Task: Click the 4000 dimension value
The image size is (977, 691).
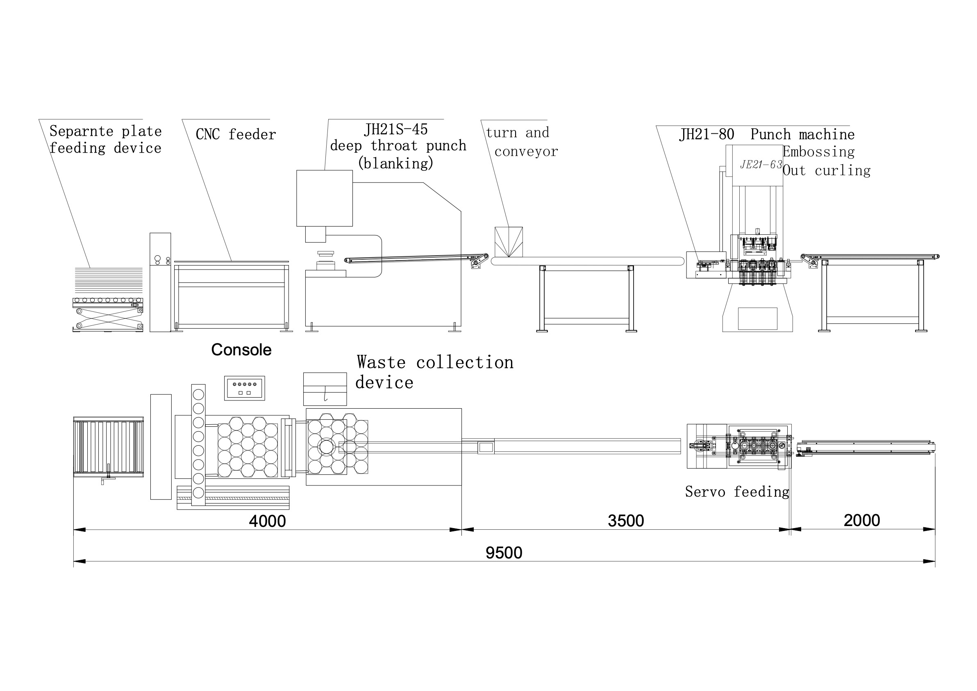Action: point(267,521)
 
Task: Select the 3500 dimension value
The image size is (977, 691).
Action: point(625,521)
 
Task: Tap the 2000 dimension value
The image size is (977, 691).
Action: point(862,520)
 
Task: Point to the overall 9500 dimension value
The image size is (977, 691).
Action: point(504,553)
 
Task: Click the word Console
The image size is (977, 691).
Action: point(241,350)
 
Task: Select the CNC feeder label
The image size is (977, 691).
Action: point(236,135)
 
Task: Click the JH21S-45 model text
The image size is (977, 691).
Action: point(396,130)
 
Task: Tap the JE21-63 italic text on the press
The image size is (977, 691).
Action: point(761,165)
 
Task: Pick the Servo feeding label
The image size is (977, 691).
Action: point(737,492)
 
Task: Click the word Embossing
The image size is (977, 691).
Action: point(819,152)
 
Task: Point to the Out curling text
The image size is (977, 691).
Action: point(826,170)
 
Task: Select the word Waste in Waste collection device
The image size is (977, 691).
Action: point(381,362)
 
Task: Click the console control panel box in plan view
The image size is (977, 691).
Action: point(245,388)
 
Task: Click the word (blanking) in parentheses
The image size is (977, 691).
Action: point(396,163)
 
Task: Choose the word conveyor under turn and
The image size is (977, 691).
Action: point(526,152)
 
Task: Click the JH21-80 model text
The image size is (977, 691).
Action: point(707,135)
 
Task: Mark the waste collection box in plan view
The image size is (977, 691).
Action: point(325,389)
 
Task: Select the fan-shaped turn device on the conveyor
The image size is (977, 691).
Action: point(509,242)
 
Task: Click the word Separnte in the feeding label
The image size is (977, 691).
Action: point(81,131)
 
